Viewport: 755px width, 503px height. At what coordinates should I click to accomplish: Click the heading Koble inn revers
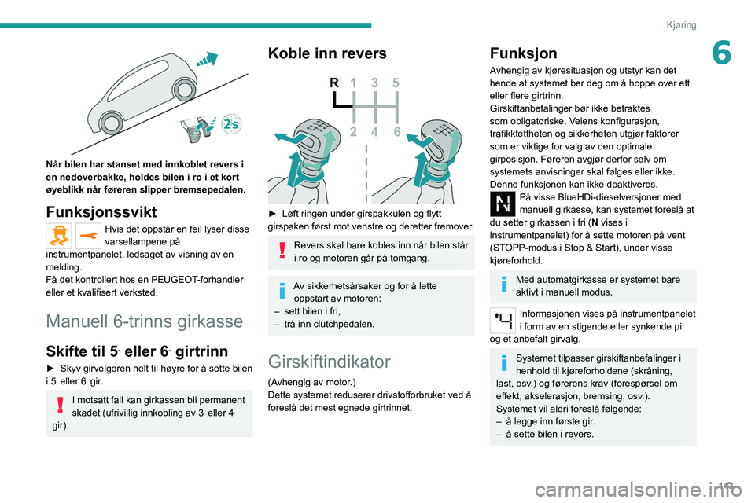point(327,53)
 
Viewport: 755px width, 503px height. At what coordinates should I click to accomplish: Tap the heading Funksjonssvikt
point(101,213)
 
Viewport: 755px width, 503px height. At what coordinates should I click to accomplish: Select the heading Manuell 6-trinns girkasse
point(144,321)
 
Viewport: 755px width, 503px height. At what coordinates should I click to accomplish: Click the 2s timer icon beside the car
point(230,125)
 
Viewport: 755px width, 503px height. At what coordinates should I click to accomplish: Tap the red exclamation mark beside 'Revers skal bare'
point(282,251)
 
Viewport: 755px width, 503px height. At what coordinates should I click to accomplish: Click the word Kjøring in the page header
point(681,24)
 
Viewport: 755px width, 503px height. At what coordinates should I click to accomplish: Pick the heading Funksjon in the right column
point(523,53)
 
